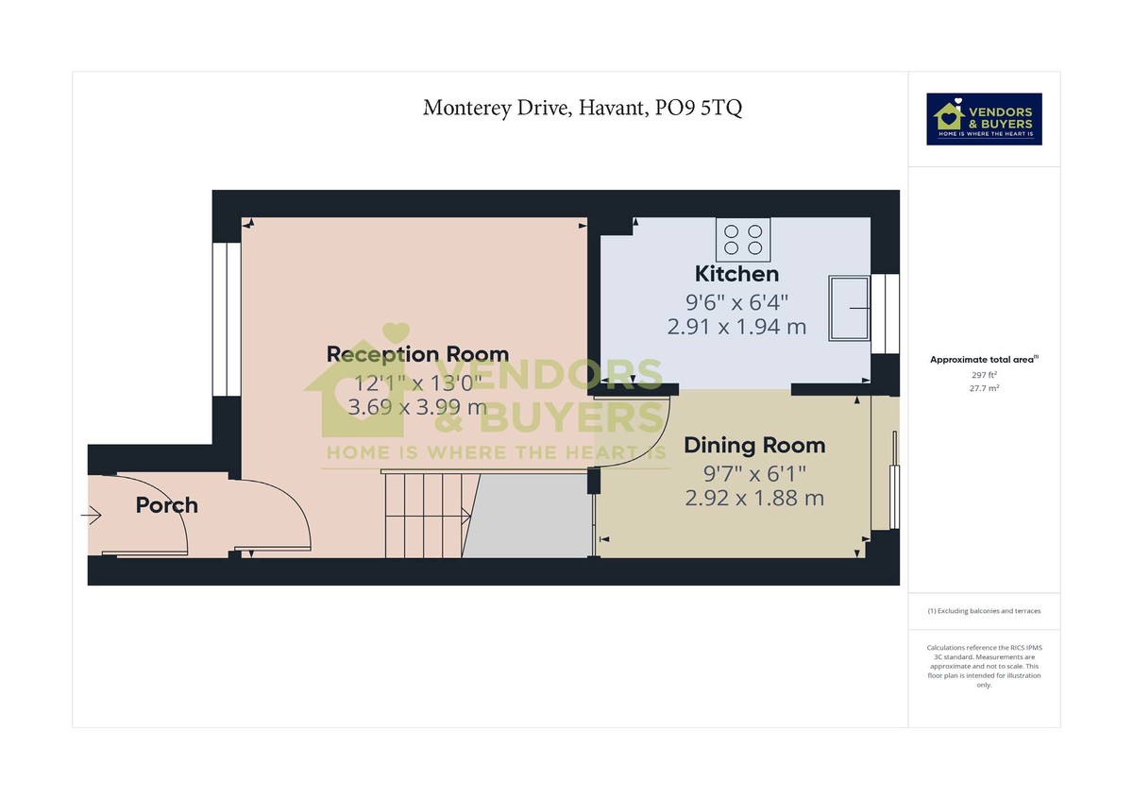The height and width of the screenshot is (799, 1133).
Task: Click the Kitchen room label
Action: tap(736, 274)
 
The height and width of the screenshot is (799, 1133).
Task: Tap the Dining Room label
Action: tap(754, 445)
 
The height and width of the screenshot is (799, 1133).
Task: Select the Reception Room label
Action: tap(417, 354)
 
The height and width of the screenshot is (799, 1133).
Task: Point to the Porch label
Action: tap(167, 505)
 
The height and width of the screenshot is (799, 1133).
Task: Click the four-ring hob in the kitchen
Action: tap(743, 239)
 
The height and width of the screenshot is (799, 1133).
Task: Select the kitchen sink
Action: tap(850, 308)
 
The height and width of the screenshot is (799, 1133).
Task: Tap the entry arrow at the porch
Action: tap(92, 516)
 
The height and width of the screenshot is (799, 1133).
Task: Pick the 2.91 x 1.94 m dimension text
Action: tap(736, 327)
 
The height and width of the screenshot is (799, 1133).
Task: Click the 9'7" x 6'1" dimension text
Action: tap(754, 472)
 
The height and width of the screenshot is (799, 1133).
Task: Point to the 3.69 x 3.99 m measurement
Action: tap(417, 408)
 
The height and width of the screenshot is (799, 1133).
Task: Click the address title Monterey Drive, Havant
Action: tap(583, 108)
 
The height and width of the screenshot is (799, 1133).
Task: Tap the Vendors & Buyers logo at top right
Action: tap(984, 119)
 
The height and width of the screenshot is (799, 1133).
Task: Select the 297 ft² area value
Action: tap(984, 375)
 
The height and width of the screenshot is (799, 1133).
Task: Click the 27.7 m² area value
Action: tap(984, 387)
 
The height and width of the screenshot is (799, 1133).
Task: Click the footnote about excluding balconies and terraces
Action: tap(984, 611)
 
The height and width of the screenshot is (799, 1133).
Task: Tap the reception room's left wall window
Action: tap(226, 319)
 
